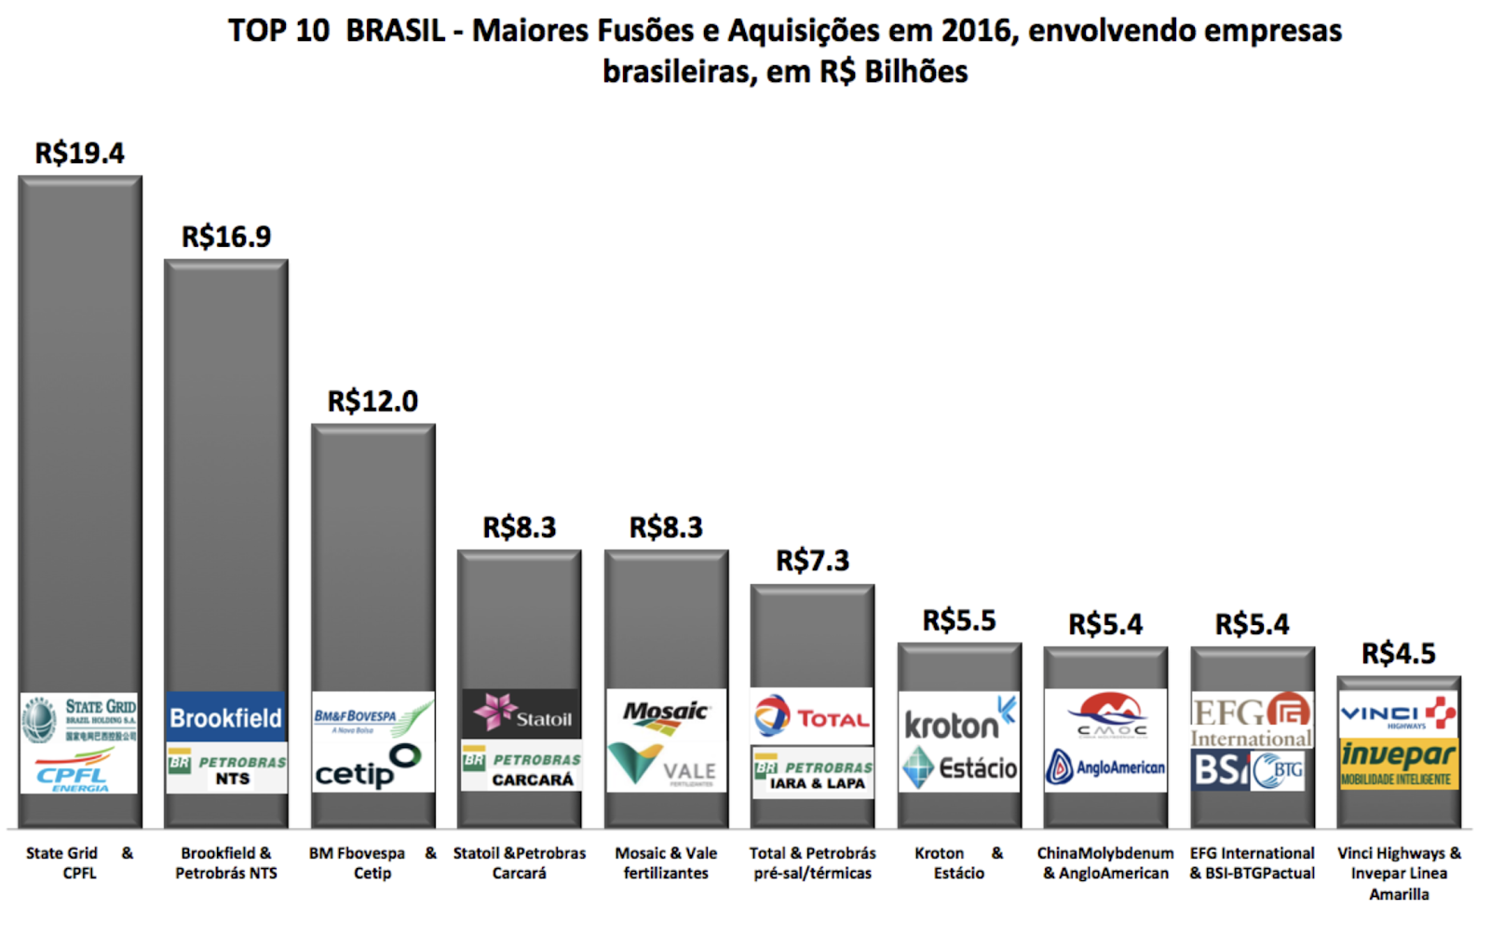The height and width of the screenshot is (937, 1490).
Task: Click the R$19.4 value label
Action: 79,153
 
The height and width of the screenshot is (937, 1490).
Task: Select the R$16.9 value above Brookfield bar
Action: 226,237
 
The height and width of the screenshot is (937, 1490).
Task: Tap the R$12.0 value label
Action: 372,401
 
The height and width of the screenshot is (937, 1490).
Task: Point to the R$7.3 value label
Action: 812,561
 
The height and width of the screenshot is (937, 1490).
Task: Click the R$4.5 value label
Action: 1398,654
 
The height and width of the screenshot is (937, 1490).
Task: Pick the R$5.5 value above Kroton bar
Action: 958,620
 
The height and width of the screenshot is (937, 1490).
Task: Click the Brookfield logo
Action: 225,718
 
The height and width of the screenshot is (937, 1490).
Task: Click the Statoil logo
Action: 521,714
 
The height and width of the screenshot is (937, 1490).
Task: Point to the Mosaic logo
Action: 665,713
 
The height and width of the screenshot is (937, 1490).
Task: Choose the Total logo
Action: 811,717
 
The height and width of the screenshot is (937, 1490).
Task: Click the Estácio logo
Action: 959,767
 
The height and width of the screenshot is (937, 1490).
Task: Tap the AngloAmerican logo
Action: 1105,767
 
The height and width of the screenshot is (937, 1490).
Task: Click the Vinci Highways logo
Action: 1397,714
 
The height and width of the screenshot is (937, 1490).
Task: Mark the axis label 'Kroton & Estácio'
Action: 958,863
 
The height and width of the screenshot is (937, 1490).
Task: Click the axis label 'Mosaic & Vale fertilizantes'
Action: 666,863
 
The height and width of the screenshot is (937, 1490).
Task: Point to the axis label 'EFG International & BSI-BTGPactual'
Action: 1252,863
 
